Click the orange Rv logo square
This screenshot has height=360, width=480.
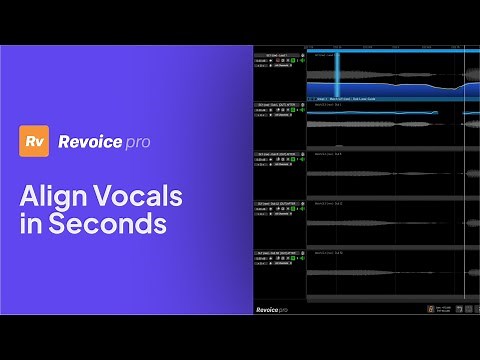pyautogui.click(x=36, y=141)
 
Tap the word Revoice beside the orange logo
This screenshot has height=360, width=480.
pyautogui.click(x=88, y=141)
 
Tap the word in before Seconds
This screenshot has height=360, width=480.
pyautogui.click(x=29, y=224)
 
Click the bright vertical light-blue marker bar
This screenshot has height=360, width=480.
pyautogui.click(x=337, y=74)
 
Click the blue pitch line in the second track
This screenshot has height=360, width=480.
pyautogui.click(x=380, y=113)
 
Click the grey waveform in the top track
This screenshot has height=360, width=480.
pyautogui.click(x=380, y=76)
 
